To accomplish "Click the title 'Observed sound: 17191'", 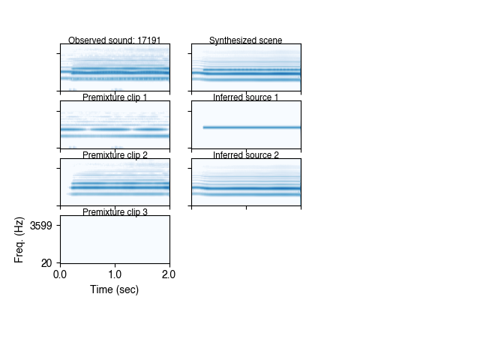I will tap(114, 40).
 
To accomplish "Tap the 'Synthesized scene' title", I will tap(246, 40).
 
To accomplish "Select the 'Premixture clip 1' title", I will tap(115, 97).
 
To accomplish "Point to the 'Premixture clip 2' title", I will tap(115, 155).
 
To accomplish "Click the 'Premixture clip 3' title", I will tap(115, 212).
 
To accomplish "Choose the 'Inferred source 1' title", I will tap(246, 97).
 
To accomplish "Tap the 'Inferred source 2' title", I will tap(246, 155).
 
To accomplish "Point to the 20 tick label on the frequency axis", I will tap(46, 262).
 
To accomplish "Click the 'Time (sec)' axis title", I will tap(115, 289).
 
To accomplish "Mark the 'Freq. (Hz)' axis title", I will tap(19, 239).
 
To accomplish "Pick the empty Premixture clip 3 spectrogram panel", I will tap(115, 239).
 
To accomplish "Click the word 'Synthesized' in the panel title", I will tap(232, 40).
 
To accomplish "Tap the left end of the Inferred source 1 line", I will tap(204, 127).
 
